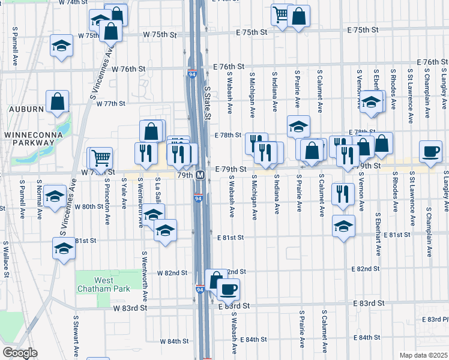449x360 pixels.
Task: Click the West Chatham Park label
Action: click(x=95, y=284)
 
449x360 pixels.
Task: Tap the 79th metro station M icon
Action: click(x=201, y=175)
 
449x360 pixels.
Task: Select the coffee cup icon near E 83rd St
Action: click(x=228, y=290)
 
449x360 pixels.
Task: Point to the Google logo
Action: click(x=20, y=353)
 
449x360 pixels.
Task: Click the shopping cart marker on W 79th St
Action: click(x=101, y=158)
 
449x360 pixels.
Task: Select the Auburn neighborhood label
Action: click(x=26, y=109)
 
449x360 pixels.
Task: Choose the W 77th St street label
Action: click(x=110, y=104)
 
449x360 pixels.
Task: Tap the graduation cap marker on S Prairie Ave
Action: click(x=298, y=126)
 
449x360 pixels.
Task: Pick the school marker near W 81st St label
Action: click(x=63, y=248)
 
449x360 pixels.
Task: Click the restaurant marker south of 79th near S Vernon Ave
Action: click(x=343, y=194)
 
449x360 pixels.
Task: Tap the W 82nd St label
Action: click(x=172, y=273)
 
